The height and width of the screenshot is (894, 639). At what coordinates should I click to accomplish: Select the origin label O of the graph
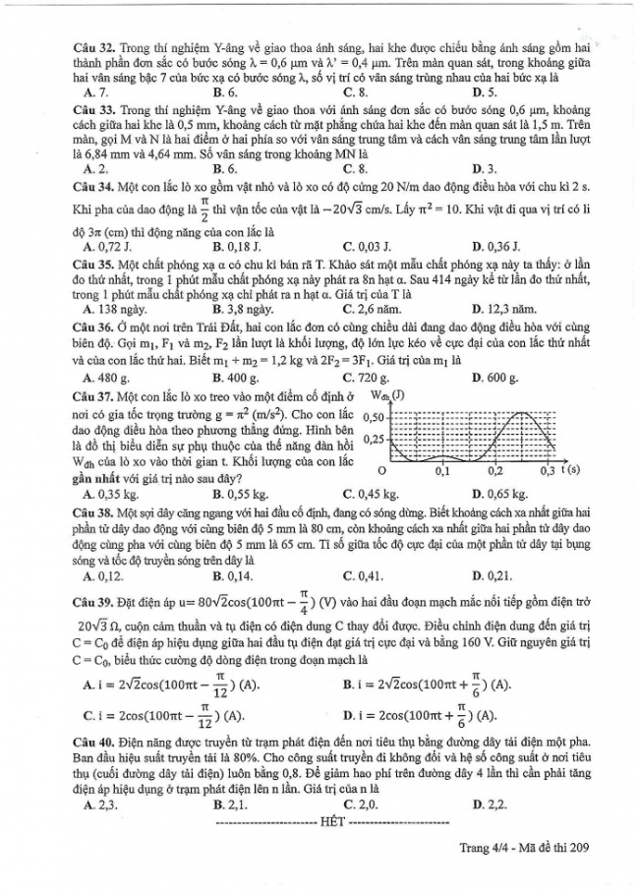tap(381, 472)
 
